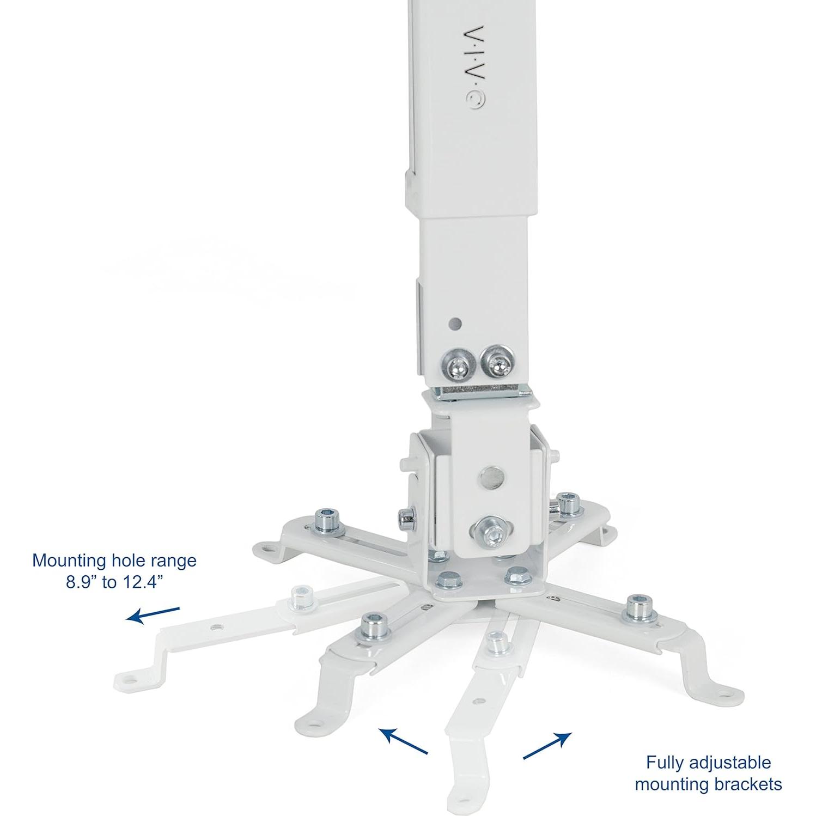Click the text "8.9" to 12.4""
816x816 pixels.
pos(114,582)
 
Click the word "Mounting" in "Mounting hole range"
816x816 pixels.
pos(68,560)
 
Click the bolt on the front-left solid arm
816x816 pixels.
pos(374,626)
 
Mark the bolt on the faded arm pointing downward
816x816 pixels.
pos(496,643)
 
